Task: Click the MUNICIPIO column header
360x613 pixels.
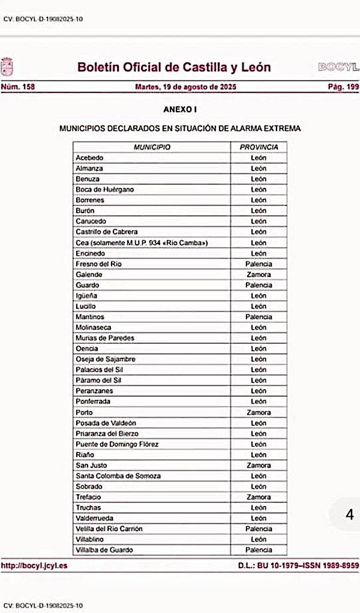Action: coord(152,147)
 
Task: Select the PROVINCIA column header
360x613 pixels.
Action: coord(259,147)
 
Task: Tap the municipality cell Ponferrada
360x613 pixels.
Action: coord(93,402)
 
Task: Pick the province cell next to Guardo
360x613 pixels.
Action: coord(259,285)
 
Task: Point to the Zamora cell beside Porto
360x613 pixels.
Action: coord(259,412)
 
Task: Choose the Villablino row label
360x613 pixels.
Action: coord(91,539)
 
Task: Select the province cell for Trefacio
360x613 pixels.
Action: coord(259,497)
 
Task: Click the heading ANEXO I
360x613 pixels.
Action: coord(180,109)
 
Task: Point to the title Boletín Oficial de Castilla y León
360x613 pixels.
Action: coord(174,67)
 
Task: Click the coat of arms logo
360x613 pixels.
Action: coord(7,66)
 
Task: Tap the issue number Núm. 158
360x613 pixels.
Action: coord(18,87)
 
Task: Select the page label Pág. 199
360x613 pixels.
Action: coord(343,87)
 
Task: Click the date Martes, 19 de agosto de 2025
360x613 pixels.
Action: coord(186,87)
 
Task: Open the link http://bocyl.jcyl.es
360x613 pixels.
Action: coord(34,565)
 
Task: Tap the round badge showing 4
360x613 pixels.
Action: coord(350,515)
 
